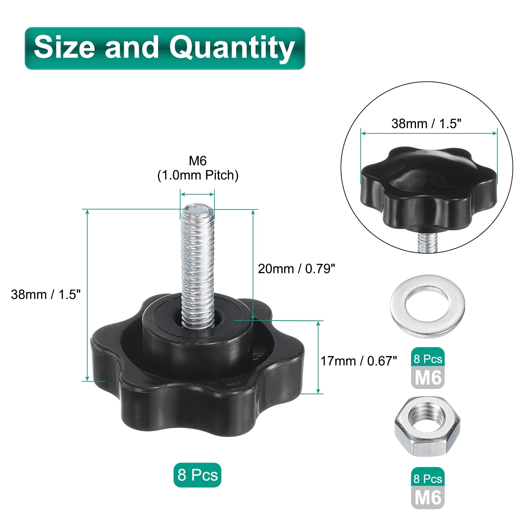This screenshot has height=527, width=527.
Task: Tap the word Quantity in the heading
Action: (x=232, y=49)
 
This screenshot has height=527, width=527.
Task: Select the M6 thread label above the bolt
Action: (x=198, y=161)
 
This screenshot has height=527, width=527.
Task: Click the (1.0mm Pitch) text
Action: (x=198, y=175)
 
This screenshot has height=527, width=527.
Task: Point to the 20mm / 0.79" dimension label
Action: (x=296, y=269)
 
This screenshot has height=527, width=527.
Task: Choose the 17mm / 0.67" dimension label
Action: (x=359, y=361)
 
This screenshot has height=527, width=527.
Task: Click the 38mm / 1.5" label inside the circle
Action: (x=426, y=124)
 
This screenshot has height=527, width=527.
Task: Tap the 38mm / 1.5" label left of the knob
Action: (x=45, y=294)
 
